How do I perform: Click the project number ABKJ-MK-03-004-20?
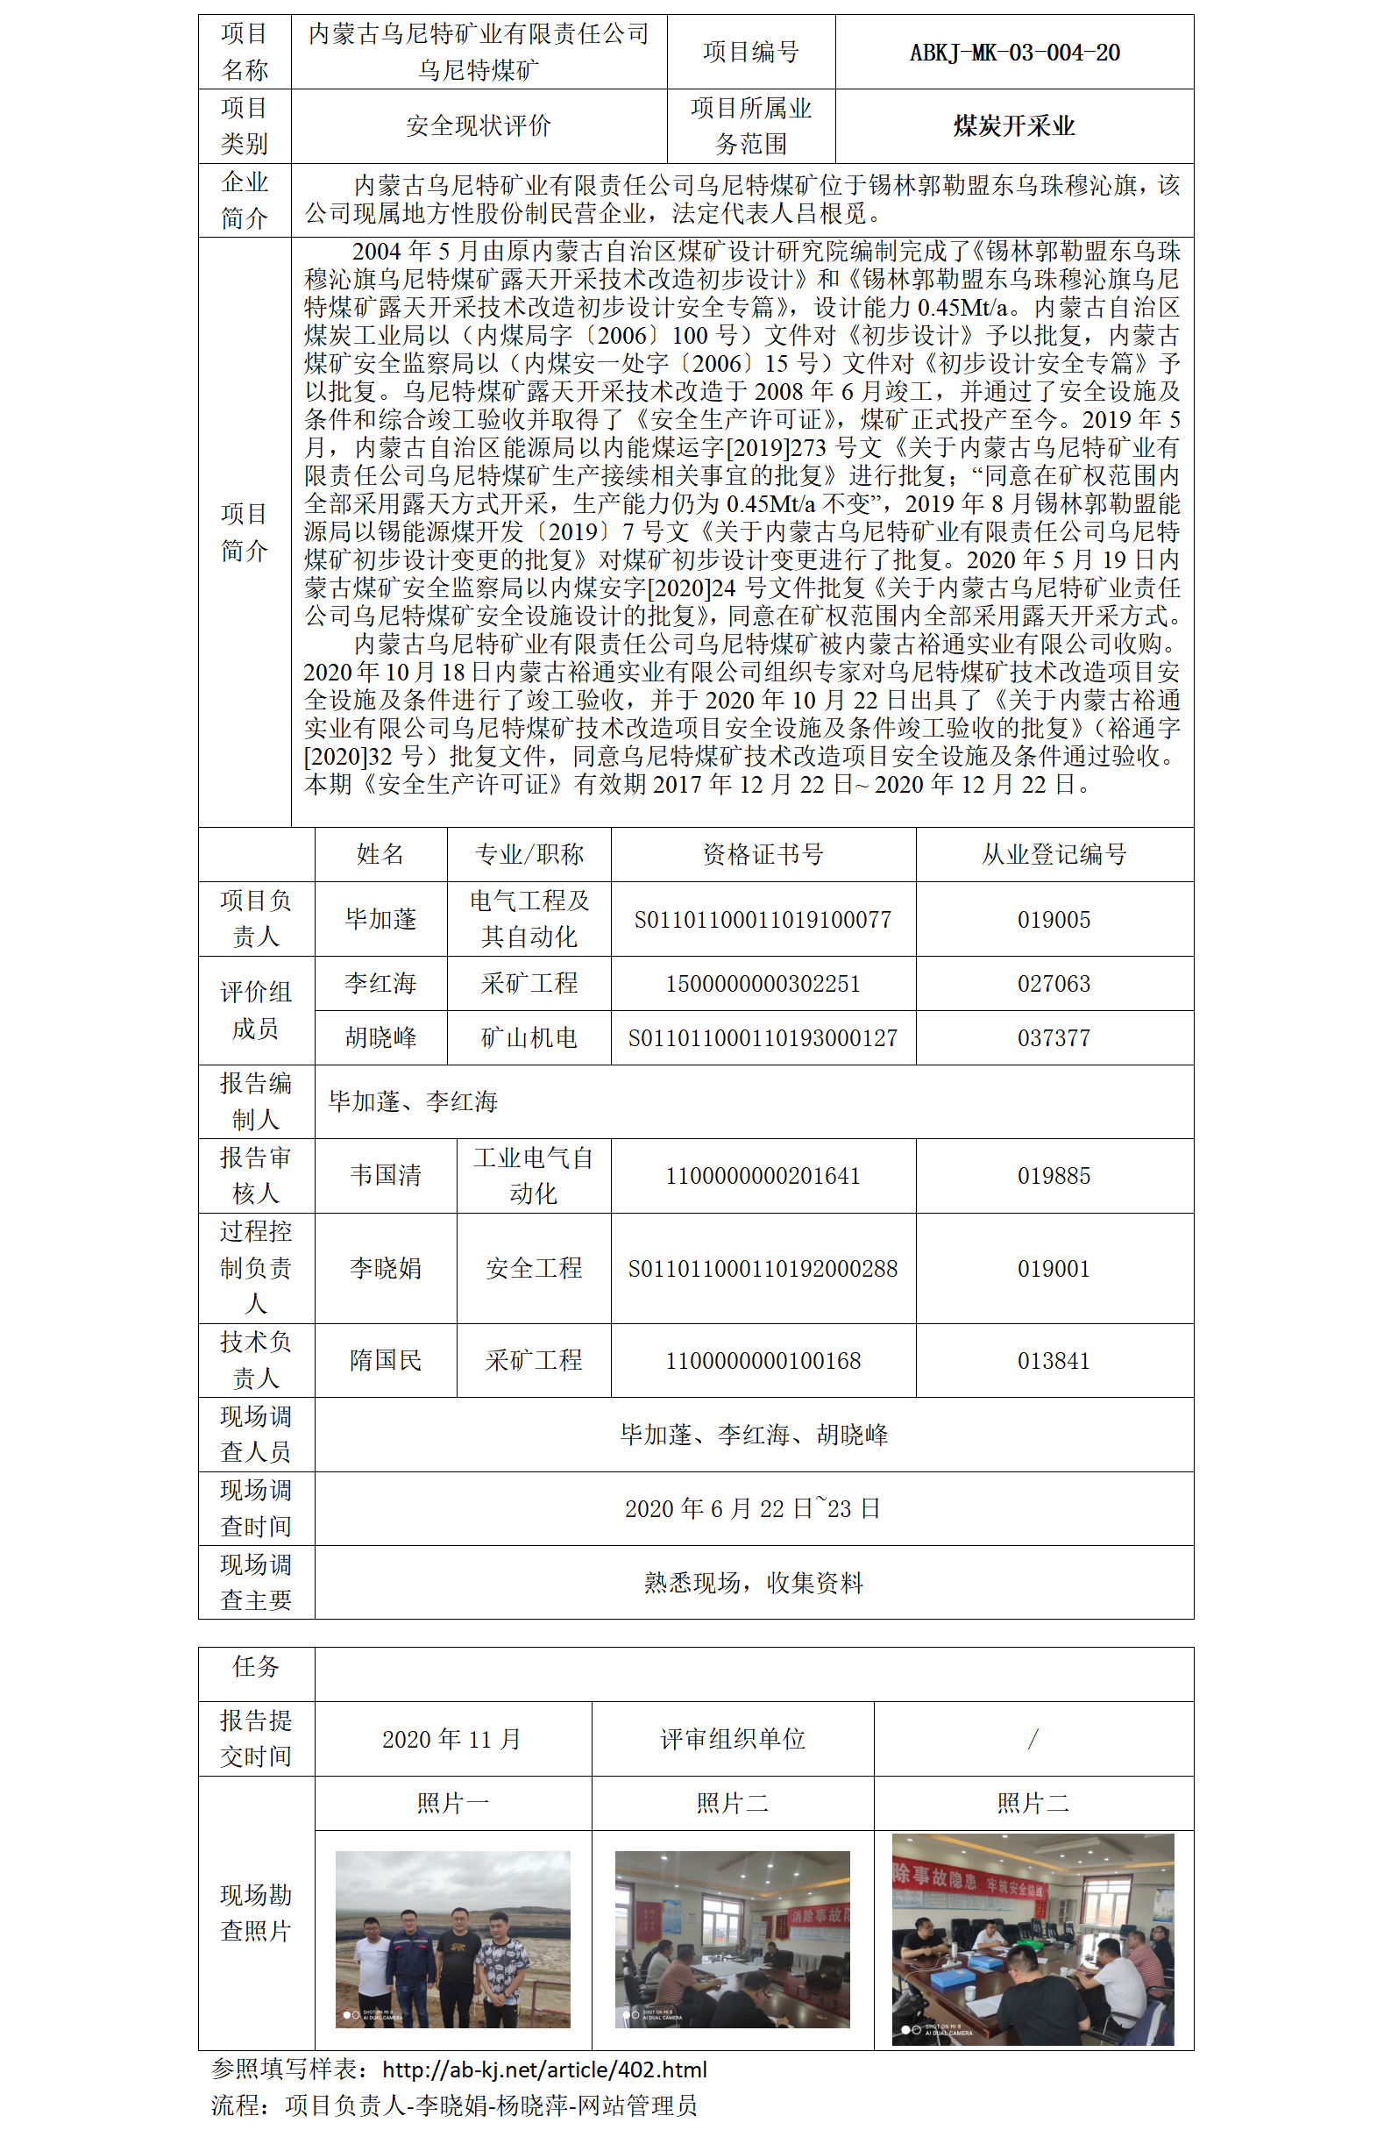pyautogui.click(x=1013, y=53)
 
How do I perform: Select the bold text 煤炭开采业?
pyautogui.click(x=1013, y=126)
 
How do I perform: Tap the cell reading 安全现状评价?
pyautogui.click(x=478, y=126)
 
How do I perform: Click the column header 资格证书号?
pyautogui.click(x=763, y=855)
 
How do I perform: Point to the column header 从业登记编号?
pyautogui.click(x=1053, y=855)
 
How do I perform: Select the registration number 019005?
pyautogui.click(x=1053, y=920)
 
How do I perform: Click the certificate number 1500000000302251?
pyautogui.click(x=763, y=985)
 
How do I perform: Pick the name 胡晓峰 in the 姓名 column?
pyautogui.click(x=380, y=1038)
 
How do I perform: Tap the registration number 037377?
pyautogui.click(x=1053, y=1038)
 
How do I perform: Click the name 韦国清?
pyautogui.click(x=386, y=1175)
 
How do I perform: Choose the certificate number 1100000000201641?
pyautogui.click(x=763, y=1176)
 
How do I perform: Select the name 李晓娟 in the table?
pyautogui.click(x=386, y=1268)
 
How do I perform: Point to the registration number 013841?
pyautogui.click(x=1053, y=1361)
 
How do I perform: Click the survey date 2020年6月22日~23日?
pyautogui.click(x=752, y=1509)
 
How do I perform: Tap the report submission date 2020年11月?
pyautogui.click(x=451, y=1739)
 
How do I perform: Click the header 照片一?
pyautogui.click(x=452, y=1802)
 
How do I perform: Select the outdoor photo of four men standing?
pyautogui.click(x=452, y=1940)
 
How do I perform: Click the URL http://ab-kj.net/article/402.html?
pyautogui.click(x=544, y=2069)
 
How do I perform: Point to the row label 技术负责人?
pyautogui.click(x=256, y=1360)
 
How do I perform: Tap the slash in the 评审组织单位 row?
pyautogui.click(x=1033, y=1739)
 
